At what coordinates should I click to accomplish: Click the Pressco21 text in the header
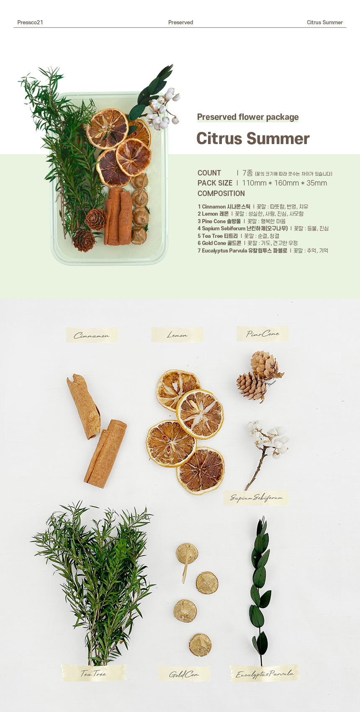(x=30, y=22)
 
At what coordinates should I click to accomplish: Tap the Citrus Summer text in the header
(x=325, y=22)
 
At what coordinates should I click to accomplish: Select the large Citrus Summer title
(x=253, y=139)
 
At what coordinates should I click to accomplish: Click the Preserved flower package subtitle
(x=248, y=117)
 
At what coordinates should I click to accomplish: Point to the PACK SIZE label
(x=215, y=183)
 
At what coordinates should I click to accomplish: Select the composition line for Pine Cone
(x=242, y=221)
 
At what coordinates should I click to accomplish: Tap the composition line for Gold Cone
(x=247, y=243)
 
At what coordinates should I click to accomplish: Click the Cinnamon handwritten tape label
(x=92, y=335)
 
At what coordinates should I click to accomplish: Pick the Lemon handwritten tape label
(x=177, y=335)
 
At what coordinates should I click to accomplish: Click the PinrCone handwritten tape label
(x=262, y=334)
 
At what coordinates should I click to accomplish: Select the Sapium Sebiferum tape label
(x=256, y=498)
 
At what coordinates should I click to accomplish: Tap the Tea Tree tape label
(x=93, y=673)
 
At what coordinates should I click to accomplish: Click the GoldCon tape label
(x=184, y=674)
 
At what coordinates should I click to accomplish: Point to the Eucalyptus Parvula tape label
(x=265, y=673)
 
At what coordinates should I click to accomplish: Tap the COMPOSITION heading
(x=221, y=193)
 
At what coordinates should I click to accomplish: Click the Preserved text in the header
(x=180, y=22)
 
